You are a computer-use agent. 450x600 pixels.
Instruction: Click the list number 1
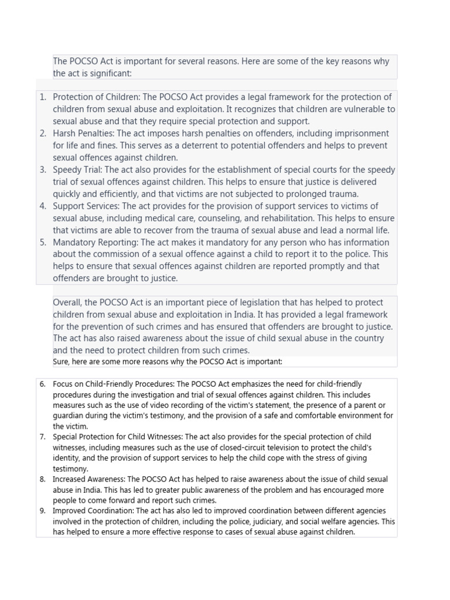click(x=43, y=97)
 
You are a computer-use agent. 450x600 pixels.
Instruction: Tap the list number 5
click(x=43, y=243)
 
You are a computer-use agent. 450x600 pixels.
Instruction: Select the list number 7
click(x=43, y=437)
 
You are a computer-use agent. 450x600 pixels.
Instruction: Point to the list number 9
click(x=43, y=511)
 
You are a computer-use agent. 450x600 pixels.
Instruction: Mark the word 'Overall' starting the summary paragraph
click(x=67, y=302)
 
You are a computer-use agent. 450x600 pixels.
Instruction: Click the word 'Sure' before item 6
click(x=60, y=362)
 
